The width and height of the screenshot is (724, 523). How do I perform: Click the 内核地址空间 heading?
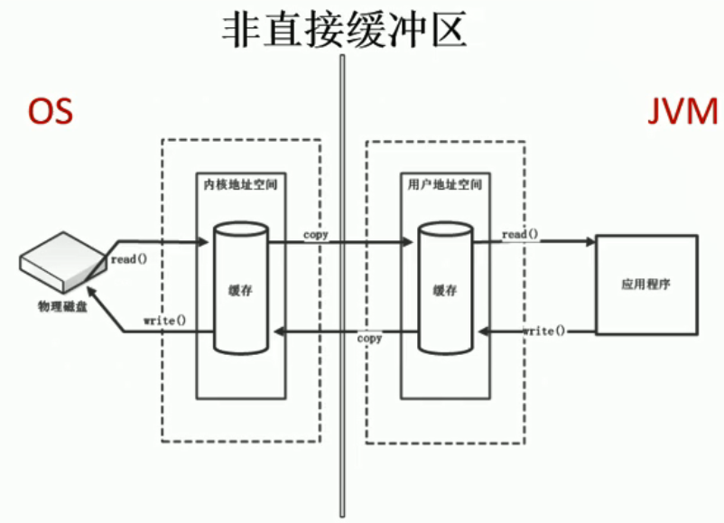(x=239, y=184)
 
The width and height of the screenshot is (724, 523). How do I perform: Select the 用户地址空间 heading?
(x=443, y=184)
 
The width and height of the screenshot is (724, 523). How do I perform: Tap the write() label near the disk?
(x=164, y=321)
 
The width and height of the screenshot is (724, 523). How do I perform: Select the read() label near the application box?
(x=520, y=235)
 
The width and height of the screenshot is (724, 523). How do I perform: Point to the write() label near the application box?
(x=544, y=332)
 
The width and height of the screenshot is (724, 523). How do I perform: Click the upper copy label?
(x=316, y=235)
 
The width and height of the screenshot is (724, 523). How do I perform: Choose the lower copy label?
(x=369, y=339)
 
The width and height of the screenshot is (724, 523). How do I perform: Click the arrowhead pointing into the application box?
(x=589, y=241)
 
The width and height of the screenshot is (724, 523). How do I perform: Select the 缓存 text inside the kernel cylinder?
(x=239, y=291)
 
